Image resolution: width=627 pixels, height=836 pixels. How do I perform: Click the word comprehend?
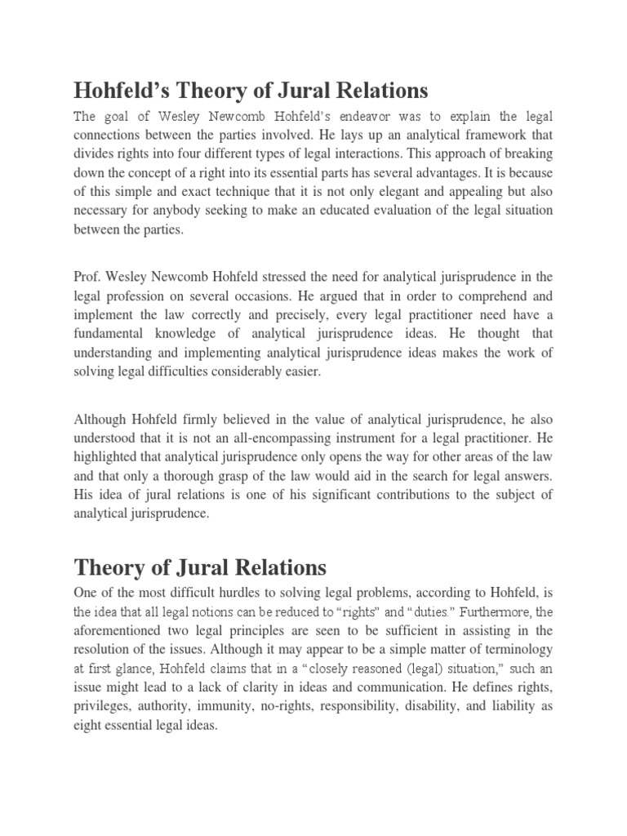[485, 295]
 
